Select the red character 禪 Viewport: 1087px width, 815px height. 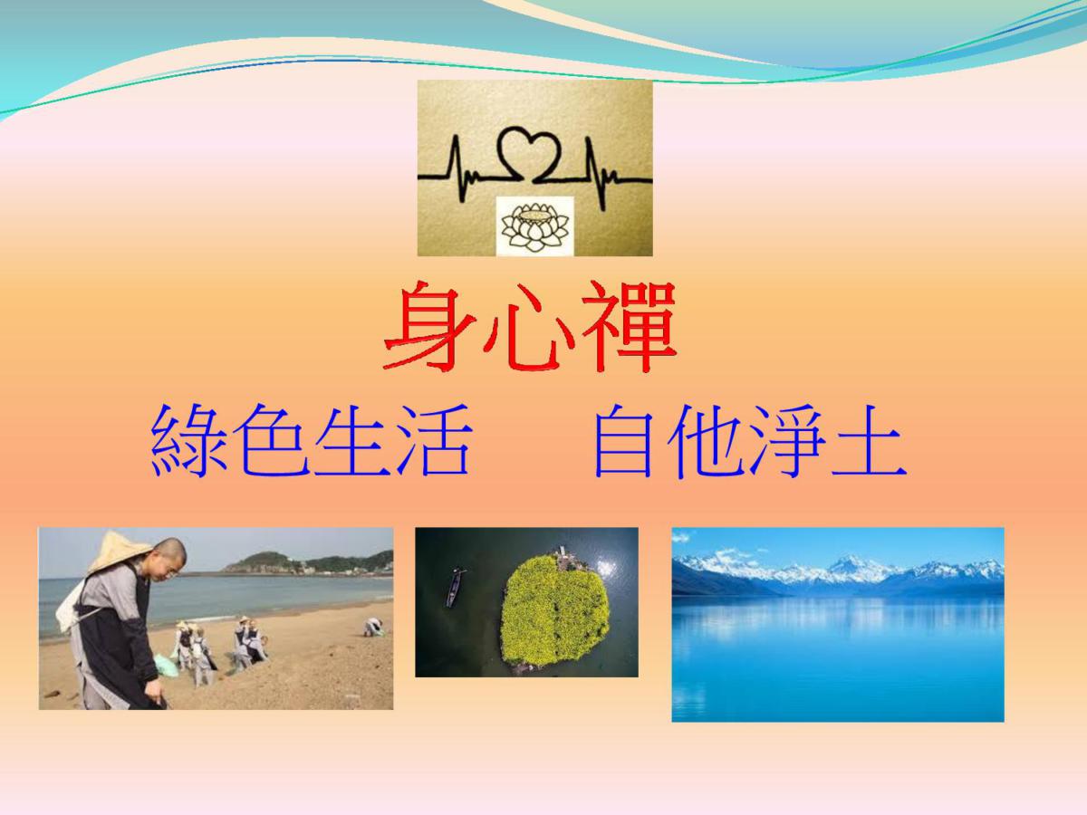[x=630, y=327]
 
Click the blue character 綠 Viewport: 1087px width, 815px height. [x=189, y=440]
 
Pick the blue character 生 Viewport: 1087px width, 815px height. [x=352, y=440]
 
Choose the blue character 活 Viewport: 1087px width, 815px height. [x=434, y=440]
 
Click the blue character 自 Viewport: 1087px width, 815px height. [x=623, y=440]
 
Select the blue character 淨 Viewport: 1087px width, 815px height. [x=786, y=440]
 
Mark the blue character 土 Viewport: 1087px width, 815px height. [x=868, y=440]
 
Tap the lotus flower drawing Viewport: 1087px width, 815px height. [x=534, y=226]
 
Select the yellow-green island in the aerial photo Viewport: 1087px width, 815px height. [x=554, y=609]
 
